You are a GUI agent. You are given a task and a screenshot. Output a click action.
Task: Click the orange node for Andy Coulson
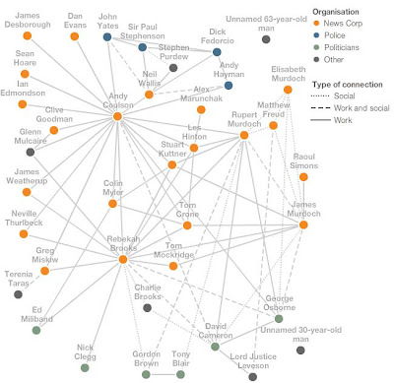(117, 116)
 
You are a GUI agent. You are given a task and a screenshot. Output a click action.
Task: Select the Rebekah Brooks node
(123, 260)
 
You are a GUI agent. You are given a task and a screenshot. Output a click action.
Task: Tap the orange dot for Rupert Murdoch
(244, 135)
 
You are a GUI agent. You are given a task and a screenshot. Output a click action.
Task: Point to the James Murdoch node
(303, 224)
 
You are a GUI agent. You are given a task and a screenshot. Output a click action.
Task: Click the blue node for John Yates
(107, 36)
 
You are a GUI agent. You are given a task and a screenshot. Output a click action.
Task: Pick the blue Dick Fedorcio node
(217, 52)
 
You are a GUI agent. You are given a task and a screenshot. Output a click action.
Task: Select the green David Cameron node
(215, 347)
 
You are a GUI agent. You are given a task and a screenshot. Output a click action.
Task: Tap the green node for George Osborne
(279, 318)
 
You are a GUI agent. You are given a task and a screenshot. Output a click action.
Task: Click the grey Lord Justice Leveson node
(252, 376)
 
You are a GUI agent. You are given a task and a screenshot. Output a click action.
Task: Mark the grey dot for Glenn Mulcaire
(31, 152)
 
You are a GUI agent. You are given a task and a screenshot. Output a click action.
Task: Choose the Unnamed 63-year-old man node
(266, 39)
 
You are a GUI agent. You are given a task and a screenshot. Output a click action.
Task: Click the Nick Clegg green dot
(85, 367)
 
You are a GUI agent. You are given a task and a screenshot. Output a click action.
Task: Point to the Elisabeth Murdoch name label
(289, 74)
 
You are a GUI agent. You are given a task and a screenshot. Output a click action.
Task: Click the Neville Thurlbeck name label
(24, 219)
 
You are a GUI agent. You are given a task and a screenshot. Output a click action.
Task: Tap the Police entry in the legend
(330, 35)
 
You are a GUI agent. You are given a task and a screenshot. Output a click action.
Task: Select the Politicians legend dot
(316, 47)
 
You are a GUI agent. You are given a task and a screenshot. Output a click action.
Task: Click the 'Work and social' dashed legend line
(320, 108)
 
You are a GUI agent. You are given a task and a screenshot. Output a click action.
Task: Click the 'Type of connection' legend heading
(348, 85)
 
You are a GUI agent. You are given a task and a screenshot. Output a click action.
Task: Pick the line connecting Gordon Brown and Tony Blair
(164, 374)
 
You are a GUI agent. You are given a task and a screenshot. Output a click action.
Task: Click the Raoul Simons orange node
(303, 177)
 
